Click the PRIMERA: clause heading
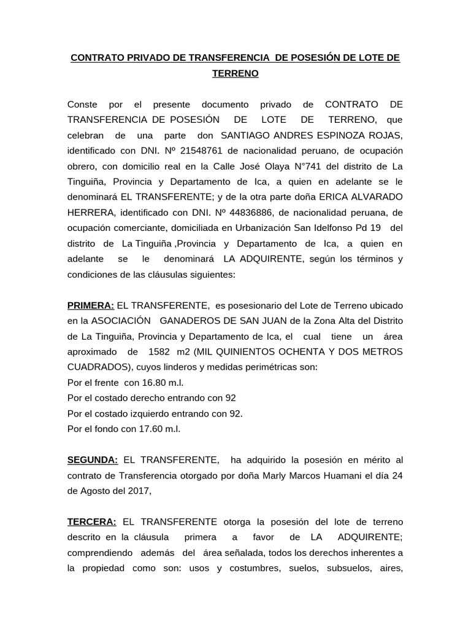click(90, 305)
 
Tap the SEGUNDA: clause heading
click(92, 459)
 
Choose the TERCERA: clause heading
click(91, 522)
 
